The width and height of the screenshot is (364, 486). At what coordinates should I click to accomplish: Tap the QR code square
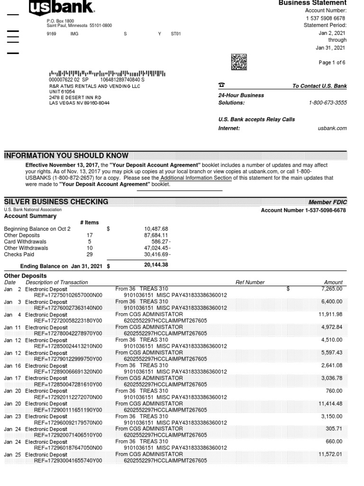(239, 62)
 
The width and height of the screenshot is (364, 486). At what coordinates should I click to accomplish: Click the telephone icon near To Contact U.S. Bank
(221, 85)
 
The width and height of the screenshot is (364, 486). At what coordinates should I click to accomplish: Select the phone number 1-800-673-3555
(328, 103)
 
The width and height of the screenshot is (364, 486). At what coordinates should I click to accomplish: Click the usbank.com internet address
(332, 128)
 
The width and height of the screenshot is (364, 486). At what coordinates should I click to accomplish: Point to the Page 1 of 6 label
(332, 63)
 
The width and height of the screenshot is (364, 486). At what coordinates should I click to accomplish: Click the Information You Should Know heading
(66, 156)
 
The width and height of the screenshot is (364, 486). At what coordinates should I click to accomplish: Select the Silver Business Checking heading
(56, 202)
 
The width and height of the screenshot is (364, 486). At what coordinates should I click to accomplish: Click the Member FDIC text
(328, 202)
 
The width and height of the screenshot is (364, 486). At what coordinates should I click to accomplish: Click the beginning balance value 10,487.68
(156, 229)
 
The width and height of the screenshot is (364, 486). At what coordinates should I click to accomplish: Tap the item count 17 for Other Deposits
(90, 235)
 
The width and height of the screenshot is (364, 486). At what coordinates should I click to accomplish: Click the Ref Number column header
(250, 282)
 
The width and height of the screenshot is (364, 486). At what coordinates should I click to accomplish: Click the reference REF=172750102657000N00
(68, 295)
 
